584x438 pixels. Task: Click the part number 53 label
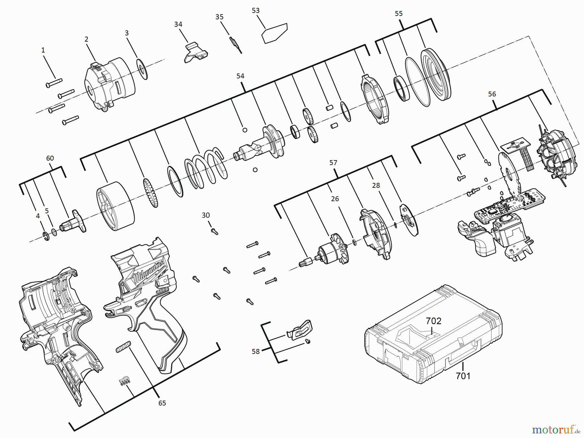coord(256,11)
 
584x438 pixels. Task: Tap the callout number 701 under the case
coord(463,376)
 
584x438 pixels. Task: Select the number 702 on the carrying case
coord(433,321)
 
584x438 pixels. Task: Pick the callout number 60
coord(50,158)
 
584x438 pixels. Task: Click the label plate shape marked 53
coord(274,33)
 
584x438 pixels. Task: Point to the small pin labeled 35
coord(236,45)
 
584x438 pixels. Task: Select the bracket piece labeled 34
coord(196,52)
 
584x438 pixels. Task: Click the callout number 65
coord(162,403)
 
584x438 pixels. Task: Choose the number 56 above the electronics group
coord(492,94)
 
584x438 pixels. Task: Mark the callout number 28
coord(376,185)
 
